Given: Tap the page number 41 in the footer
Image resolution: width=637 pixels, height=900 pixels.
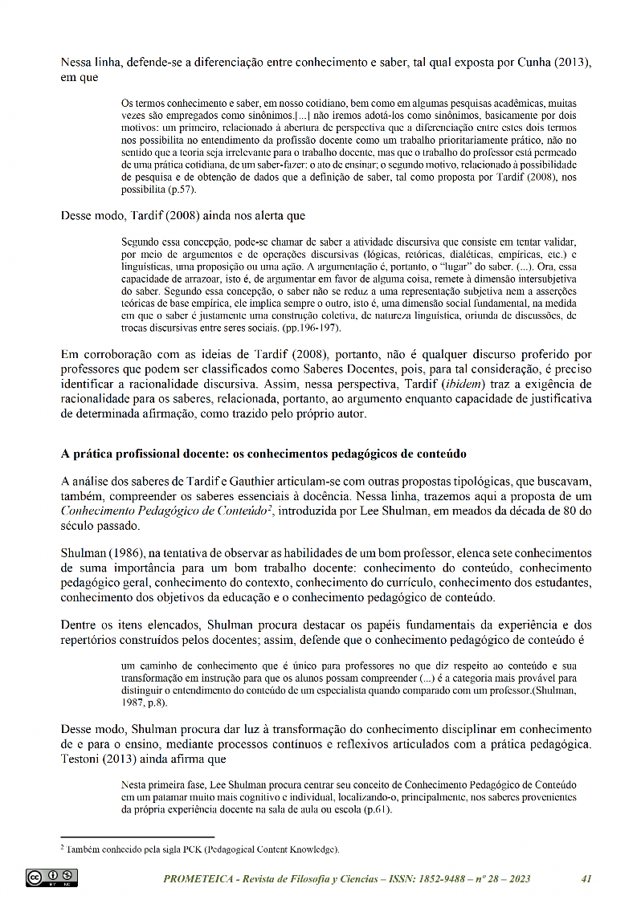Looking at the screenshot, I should click(x=586, y=878).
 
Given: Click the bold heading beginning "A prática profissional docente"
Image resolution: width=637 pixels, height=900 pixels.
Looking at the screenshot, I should click(x=263, y=454).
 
